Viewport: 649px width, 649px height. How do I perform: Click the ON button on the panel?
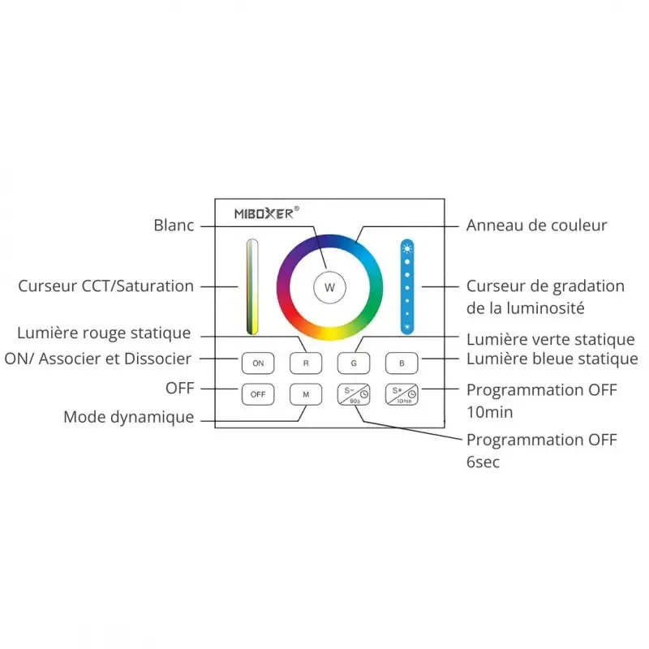click(257, 363)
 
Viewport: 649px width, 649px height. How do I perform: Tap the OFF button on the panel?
click(257, 394)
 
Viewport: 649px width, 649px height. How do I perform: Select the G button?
click(354, 363)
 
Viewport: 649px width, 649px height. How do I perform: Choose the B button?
click(401, 363)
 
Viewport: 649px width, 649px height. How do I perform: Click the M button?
click(306, 394)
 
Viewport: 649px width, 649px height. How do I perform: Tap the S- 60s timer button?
click(354, 394)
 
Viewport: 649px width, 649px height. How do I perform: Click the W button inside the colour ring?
click(329, 287)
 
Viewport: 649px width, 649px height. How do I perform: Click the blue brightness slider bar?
click(407, 287)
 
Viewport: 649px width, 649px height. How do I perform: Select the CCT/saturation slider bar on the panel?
click(252, 287)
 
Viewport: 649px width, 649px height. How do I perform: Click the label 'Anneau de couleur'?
click(536, 226)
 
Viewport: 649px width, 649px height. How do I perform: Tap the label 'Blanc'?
click(174, 226)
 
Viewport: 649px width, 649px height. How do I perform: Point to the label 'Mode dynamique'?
click(129, 418)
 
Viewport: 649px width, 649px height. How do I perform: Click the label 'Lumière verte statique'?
click(550, 340)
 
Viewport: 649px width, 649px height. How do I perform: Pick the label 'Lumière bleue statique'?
click(552, 359)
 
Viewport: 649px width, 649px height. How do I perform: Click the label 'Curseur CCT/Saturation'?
click(105, 286)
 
